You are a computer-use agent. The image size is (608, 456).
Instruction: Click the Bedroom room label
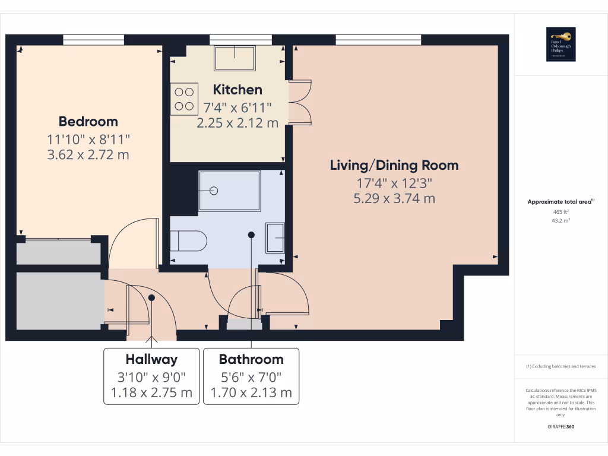88,122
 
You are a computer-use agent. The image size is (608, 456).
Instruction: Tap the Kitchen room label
237,90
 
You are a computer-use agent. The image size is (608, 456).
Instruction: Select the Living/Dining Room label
394,165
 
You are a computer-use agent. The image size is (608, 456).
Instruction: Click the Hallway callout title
151,359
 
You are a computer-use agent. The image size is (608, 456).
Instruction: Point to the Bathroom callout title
251,359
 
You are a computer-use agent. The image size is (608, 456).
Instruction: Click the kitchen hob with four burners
184,99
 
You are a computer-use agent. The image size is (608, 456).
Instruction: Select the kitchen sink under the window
234,58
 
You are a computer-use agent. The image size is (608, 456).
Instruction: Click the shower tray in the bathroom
229,191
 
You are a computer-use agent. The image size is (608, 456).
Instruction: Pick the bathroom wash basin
275,237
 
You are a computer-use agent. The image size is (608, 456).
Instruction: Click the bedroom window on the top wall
93,40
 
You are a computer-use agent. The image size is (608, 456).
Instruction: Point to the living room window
378,40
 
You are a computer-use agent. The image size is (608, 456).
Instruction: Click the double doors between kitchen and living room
300,102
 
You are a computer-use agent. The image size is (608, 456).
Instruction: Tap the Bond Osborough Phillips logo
560,45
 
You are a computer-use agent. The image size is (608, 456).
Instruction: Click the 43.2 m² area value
561,220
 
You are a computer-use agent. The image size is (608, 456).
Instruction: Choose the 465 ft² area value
561,211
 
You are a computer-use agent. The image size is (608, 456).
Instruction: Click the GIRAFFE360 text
561,427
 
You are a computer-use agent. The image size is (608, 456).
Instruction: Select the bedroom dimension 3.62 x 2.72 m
88,155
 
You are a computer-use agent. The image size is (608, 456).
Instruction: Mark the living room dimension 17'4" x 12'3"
394,183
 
